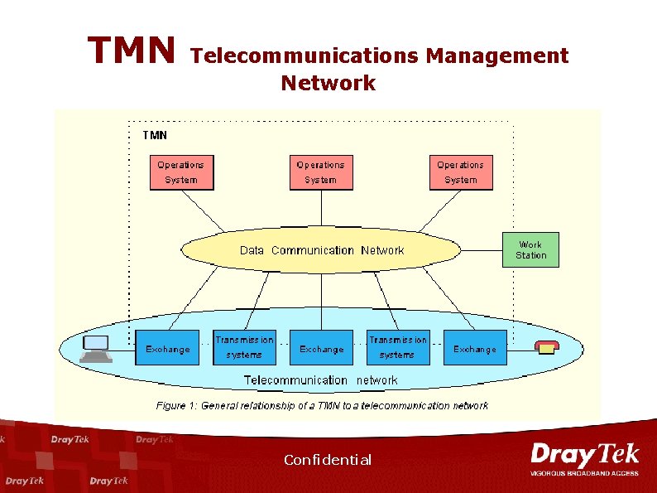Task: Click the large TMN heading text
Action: tap(132, 51)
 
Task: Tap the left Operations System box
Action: tap(181, 172)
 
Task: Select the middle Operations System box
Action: tap(320, 172)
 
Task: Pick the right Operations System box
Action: tap(460, 172)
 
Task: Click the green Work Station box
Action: tap(530, 250)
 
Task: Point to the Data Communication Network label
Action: tap(322, 250)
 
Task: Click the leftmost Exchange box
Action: tap(168, 349)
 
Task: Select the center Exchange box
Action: tap(321, 349)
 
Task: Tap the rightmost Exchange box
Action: tap(475, 349)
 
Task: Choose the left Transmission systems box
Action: tap(244, 347)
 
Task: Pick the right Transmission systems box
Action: tap(398, 347)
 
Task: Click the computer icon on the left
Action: tap(96, 348)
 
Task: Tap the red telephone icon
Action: tap(546, 348)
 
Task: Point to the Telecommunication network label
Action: tap(320, 380)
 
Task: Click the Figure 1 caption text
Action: tap(322, 406)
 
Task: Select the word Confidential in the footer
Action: tap(328, 460)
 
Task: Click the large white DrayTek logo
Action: tap(584, 455)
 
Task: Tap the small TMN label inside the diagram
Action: tap(155, 134)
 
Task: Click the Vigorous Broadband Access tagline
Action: tap(584, 473)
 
